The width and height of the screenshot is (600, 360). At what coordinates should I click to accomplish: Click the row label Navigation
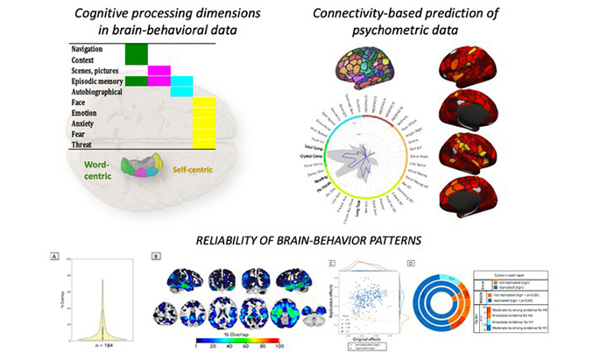pyautogui.click(x=90, y=49)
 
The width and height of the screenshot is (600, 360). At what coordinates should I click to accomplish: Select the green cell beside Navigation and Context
pyautogui.click(x=136, y=54)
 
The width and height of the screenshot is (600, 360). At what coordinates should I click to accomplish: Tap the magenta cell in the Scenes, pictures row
pyautogui.click(x=159, y=71)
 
